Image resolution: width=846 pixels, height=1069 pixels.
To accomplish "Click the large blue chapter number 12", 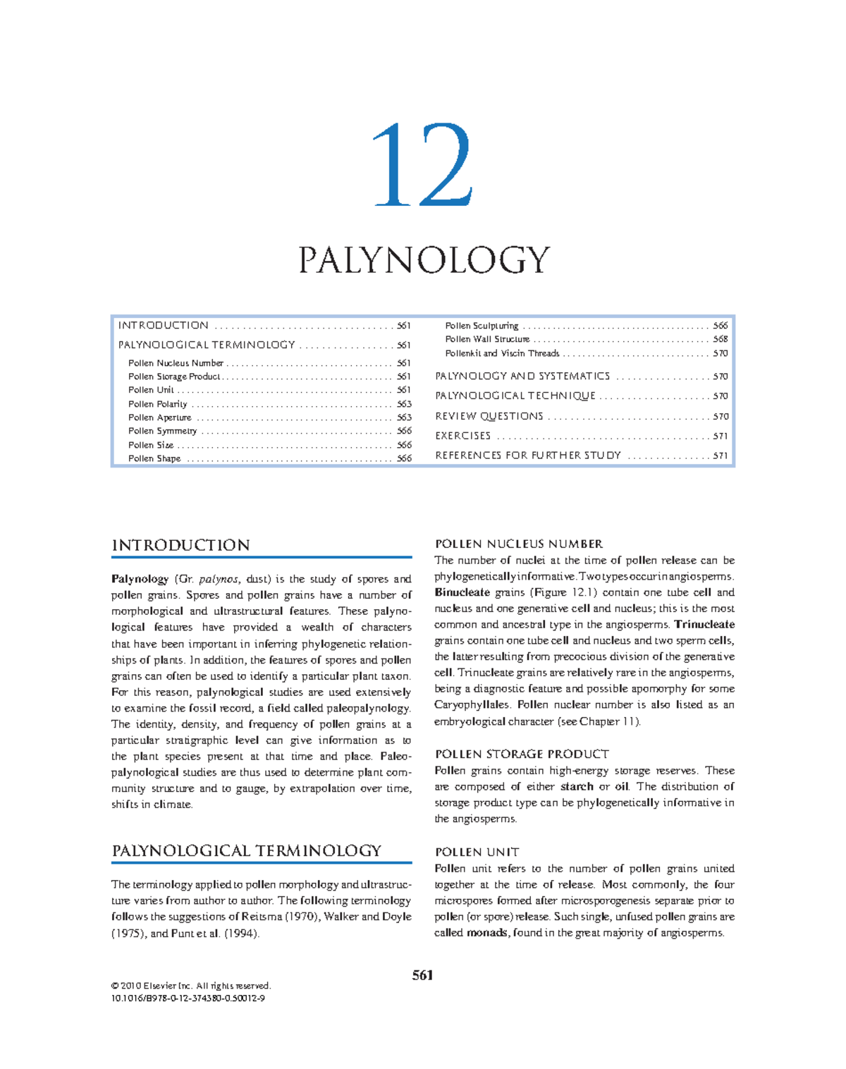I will (422, 165).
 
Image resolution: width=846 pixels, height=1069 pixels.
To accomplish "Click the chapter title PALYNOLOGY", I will (424, 260).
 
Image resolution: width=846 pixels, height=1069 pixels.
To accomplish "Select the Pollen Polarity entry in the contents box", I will (158, 404).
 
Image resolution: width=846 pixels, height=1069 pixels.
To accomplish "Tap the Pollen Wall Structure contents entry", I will (487, 339).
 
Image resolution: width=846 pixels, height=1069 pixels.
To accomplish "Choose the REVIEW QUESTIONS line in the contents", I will (489, 416).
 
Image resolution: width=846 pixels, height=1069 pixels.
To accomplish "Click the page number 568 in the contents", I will (720, 339).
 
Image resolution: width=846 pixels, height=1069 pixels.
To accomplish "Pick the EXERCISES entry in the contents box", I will (463, 436).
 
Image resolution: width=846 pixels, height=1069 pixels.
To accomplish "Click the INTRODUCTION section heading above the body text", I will (180, 545).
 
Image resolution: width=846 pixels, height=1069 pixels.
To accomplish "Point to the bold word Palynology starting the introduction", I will (140, 579).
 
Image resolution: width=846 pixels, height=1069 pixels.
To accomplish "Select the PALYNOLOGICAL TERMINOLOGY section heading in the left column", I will (246, 850).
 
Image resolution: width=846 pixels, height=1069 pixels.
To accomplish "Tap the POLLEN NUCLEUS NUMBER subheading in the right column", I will (518, 544).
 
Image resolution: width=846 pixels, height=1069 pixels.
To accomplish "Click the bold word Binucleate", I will (462, 592).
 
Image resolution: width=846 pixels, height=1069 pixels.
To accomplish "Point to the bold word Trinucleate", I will (704, 625).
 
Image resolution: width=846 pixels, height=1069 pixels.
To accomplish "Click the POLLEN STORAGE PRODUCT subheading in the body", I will (522, 754).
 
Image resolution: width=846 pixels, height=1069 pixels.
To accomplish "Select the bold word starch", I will (577, 786).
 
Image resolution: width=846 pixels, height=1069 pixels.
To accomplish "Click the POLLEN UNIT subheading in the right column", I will (477, 852).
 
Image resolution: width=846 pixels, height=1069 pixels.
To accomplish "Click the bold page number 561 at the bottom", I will (423, 975).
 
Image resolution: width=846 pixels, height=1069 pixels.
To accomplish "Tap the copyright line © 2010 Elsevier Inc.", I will (190, 986).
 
